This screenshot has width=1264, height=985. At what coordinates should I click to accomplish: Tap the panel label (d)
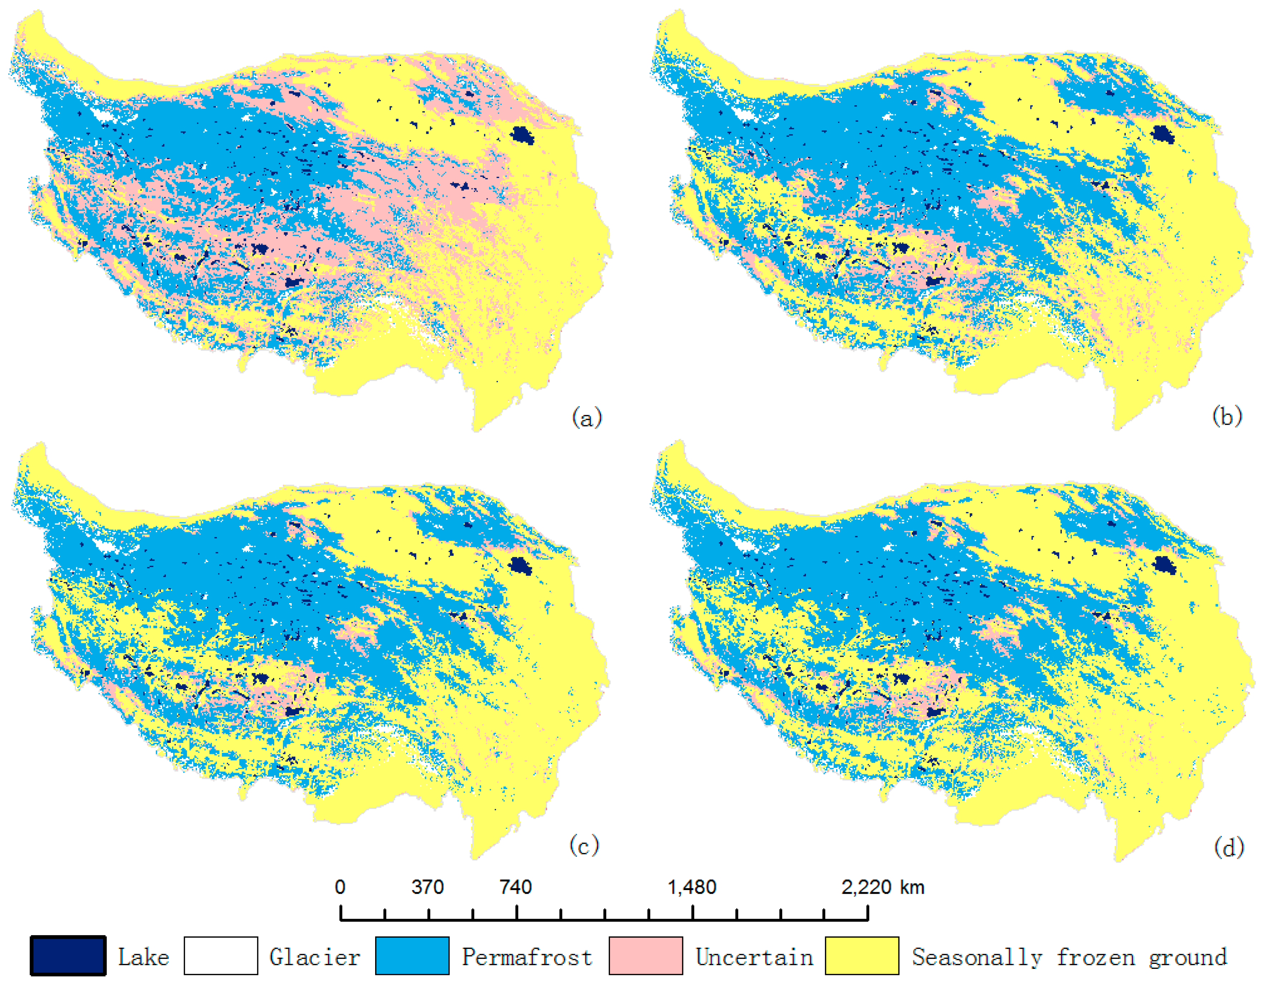tap(1229, 848)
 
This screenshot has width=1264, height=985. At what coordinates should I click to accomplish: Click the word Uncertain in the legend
tap(754, 957)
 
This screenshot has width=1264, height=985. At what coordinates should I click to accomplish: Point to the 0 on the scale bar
tap(340, 887)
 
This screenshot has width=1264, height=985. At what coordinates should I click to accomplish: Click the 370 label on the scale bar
tap(428, 887)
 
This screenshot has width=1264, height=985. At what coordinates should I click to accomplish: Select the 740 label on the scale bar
tap(516, 887)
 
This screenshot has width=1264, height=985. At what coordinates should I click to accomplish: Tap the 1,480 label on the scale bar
tap(692, 887)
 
